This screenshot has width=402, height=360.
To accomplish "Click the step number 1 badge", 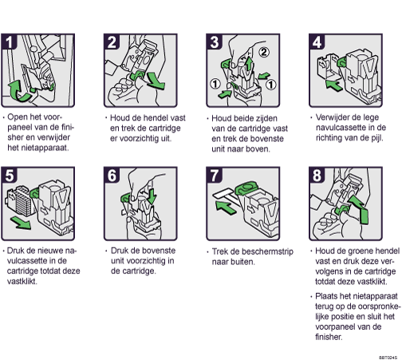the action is [9, 42].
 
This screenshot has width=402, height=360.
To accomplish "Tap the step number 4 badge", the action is [317, 42].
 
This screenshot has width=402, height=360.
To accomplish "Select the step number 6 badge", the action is [112, 175].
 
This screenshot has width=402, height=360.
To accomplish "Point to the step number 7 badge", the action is [214, 175].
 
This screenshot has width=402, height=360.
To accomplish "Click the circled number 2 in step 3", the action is [264, 52].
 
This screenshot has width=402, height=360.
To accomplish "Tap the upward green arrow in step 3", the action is [248, 61].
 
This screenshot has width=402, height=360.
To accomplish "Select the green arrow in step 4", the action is [333, 85].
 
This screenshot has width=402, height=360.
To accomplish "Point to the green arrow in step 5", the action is [21, 223].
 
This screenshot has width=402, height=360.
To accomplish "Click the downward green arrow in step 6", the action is [152, 196].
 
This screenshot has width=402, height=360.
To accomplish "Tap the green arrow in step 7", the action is [226, 208].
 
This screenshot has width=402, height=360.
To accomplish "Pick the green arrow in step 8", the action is [360, 209].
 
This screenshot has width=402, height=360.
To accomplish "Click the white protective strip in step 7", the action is [223, 194].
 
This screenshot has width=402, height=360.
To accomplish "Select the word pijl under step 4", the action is [376, 138].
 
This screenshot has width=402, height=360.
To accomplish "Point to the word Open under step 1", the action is [17, 117].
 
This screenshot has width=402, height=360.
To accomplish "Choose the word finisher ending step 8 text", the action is [329, 337].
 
